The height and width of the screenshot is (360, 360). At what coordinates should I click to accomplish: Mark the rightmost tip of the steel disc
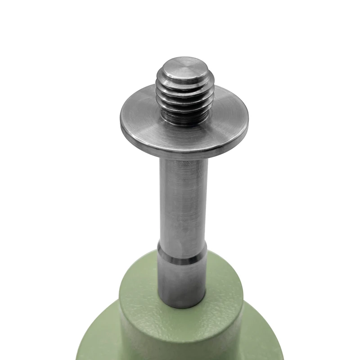248,126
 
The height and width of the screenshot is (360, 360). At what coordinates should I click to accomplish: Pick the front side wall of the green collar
180,337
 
